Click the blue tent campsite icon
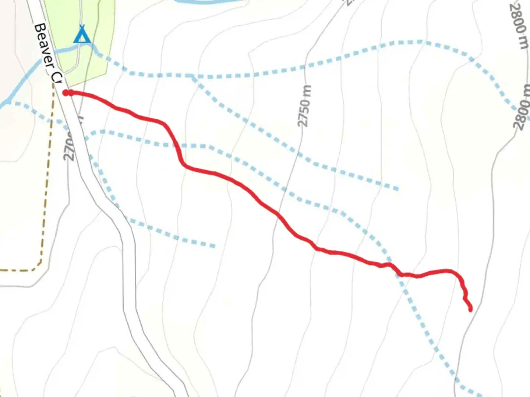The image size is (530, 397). (82, 35)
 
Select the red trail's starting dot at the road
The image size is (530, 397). (66, 93)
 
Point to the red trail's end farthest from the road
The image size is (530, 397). (470, 310)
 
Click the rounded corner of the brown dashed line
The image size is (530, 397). (38, 265)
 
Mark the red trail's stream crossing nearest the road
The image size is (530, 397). (177, 146)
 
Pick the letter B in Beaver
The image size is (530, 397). (39, 29)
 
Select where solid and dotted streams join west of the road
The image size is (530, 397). (8, 101)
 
